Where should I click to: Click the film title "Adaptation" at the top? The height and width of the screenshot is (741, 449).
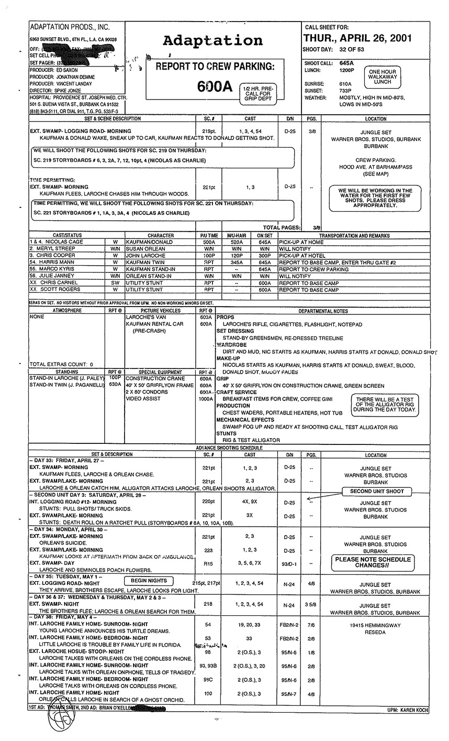point(212,41)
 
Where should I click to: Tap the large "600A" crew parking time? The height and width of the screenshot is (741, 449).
point(214,86)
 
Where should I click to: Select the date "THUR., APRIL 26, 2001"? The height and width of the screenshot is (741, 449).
point(357,38)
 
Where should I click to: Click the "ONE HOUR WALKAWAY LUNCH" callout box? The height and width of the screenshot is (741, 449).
point(383,76)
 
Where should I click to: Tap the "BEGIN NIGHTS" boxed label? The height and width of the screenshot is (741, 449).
point(149,581)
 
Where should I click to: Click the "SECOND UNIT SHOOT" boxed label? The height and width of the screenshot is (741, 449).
point(377,492)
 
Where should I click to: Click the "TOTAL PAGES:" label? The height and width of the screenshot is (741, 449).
point(282,227)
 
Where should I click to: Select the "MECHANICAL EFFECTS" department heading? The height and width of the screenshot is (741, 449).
point(245,420)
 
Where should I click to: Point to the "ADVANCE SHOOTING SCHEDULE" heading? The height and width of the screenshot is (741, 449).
point(229,448)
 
